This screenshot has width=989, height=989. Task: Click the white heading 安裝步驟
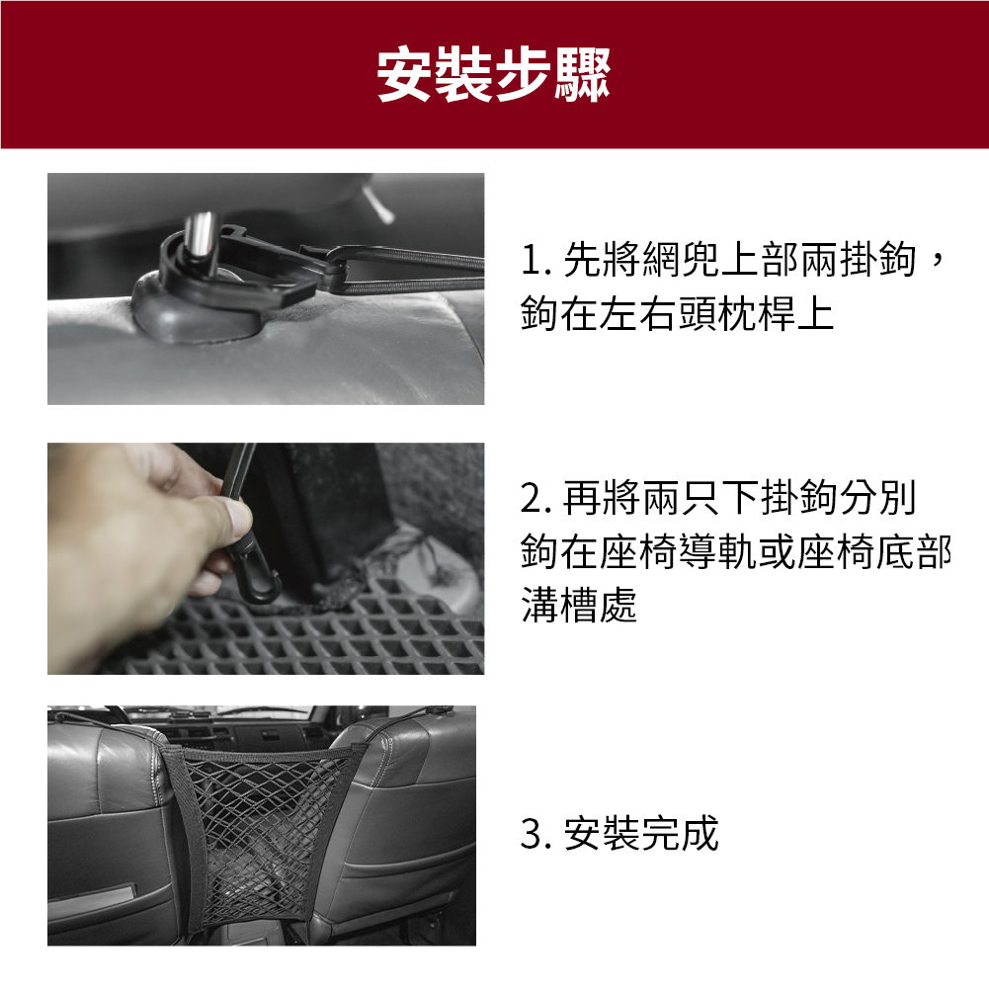pos(494,74)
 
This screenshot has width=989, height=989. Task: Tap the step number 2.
pos(533,498)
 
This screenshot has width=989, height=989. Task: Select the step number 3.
pos(533,834)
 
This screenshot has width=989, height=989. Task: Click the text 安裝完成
pos(641,834)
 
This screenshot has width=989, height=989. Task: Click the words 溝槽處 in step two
pos(579,606)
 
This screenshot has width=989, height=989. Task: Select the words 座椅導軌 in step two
pos(680,552)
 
